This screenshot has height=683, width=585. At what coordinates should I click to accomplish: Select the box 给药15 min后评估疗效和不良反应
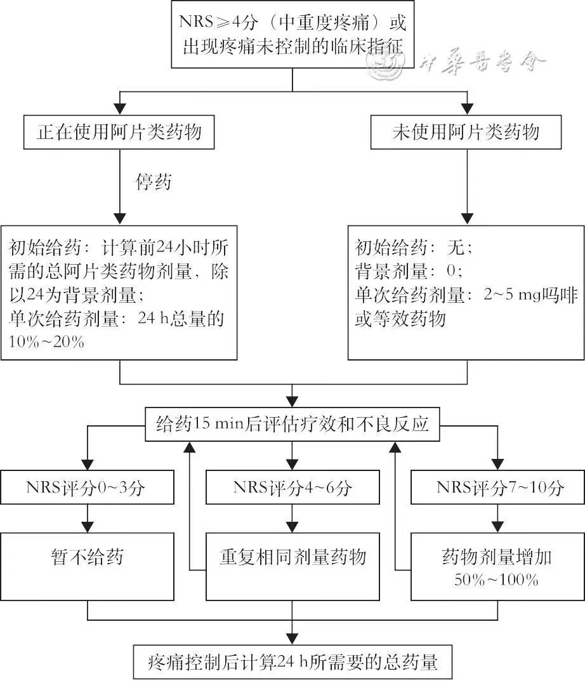tap(292, 424)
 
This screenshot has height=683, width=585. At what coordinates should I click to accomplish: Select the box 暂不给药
tap(86, 557)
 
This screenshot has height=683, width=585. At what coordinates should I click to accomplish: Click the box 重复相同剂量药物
tap(292, 557)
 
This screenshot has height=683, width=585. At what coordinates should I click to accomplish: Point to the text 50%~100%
tap(497, 579)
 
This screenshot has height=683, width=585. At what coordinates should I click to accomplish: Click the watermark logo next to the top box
tap(386, 62)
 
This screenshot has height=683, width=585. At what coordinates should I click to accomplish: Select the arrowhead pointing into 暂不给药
tap(86, 526)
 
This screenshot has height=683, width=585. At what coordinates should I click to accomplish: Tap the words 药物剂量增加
tap(497, 557)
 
